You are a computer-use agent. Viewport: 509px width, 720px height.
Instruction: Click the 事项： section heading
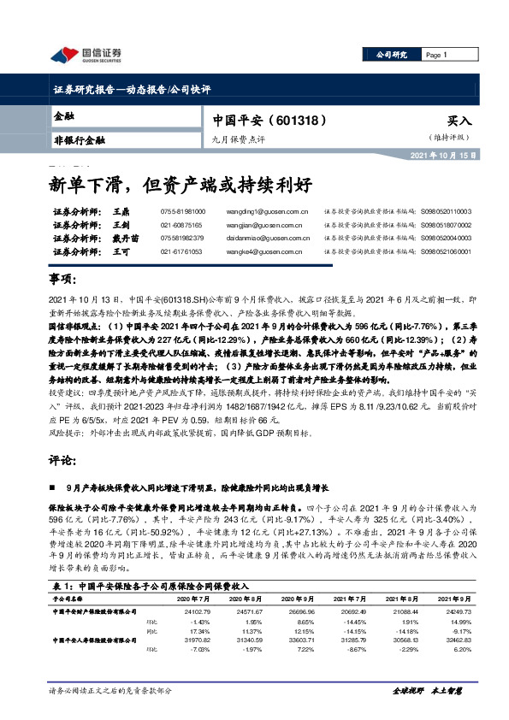tap(66, 280)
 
